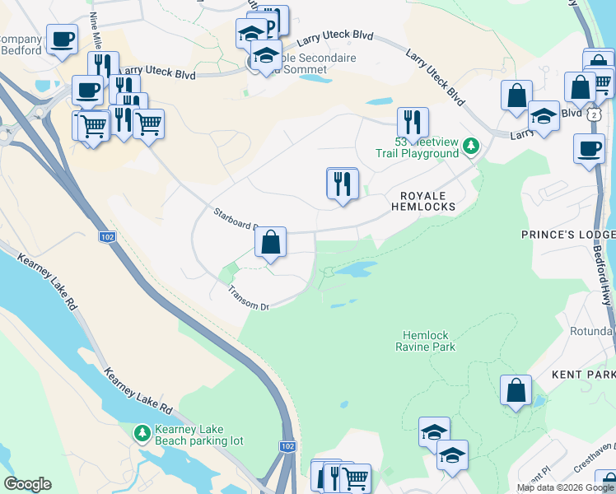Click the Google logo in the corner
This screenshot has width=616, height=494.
click(27, 484)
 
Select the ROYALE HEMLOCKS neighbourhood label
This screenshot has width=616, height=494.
click(427, 201)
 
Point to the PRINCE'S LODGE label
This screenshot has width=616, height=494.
click(567, 235)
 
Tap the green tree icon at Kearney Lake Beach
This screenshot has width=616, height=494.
click(142, 431)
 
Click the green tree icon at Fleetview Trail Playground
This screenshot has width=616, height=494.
click(470, 147)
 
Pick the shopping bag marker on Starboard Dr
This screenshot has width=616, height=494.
click(270, 243)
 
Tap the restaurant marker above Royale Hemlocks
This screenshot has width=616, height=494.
click(342, 184)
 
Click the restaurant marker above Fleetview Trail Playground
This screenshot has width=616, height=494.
click(412, 122)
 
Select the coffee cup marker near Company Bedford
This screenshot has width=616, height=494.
click(62, 39)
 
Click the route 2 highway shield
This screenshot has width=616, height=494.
click(594, 114)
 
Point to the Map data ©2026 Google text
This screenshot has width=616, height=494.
click(565, 487)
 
